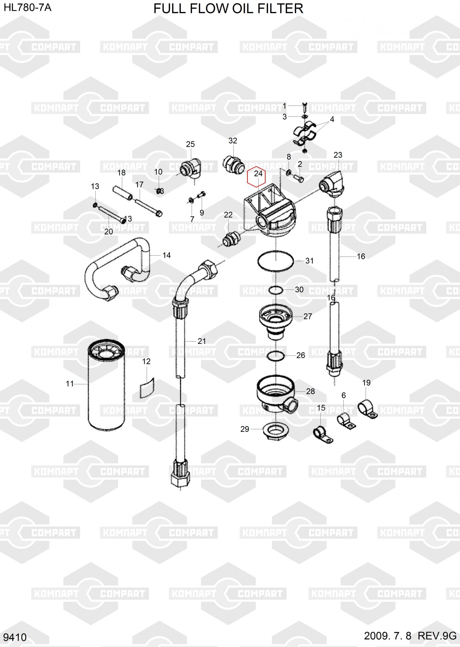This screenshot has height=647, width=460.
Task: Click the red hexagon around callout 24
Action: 248,177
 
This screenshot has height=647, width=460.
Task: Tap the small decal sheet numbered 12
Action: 147,387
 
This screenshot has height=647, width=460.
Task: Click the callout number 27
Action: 307,316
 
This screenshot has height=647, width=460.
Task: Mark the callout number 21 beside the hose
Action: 202,341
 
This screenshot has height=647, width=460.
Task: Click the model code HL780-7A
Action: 27,8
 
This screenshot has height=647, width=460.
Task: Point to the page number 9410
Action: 15,637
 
